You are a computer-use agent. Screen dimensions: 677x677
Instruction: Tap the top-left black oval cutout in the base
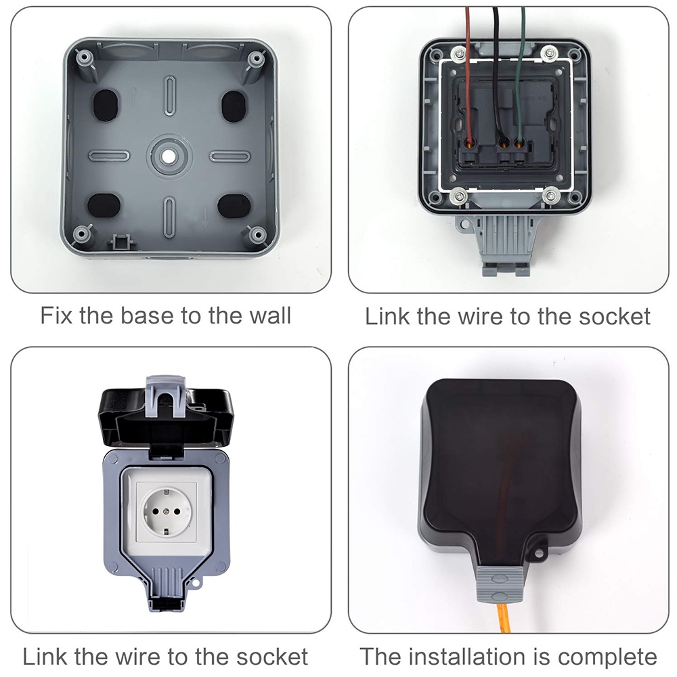pyautogui.click(x=105, y=105)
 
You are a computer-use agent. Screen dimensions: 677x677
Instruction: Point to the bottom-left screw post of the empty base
pyautogui.click(x=82, y=234)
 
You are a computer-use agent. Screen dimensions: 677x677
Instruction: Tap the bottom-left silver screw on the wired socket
pyautogui.click(x=458, y=196)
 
